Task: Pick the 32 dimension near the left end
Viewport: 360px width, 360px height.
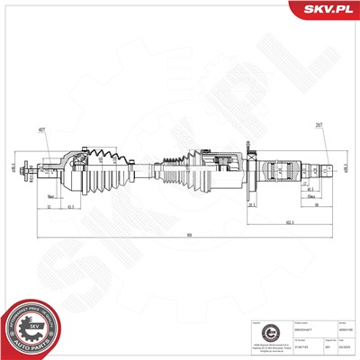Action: [x=47, y=206]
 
